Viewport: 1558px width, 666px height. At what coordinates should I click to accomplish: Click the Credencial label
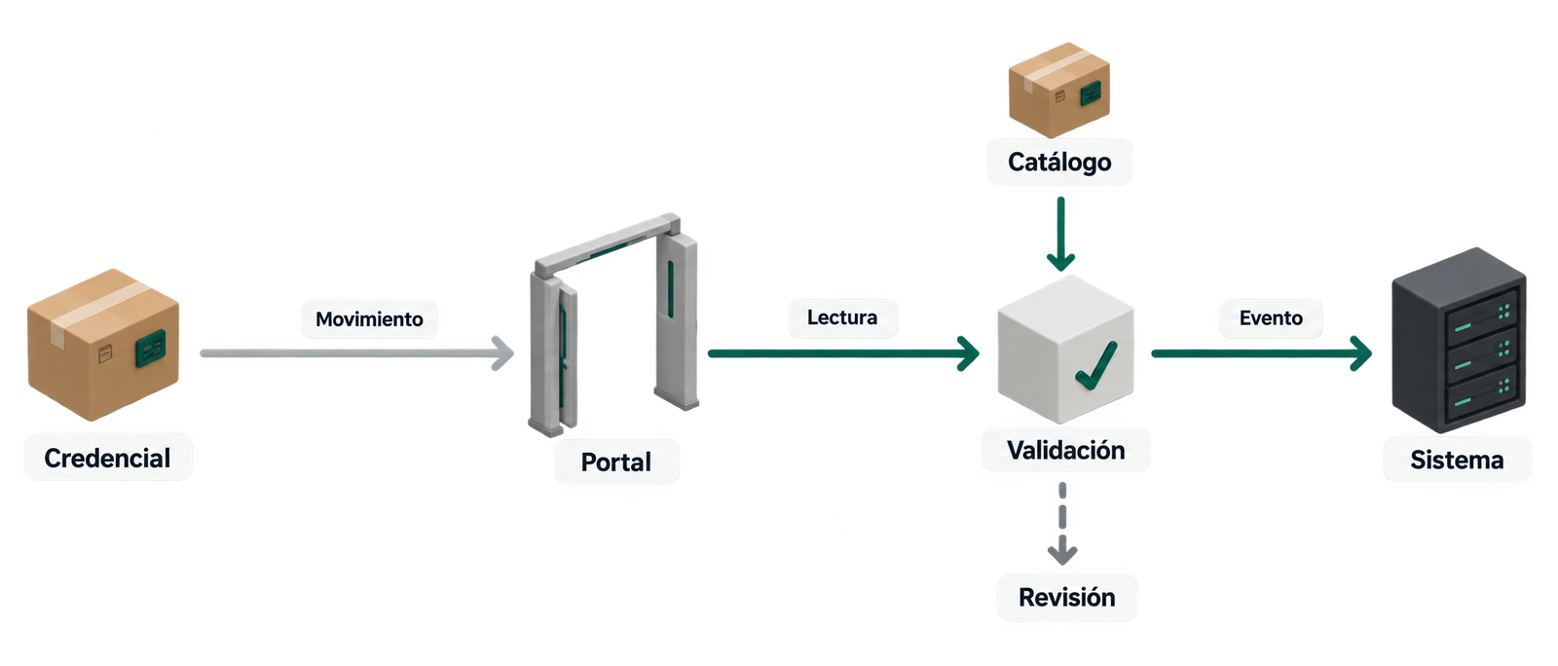107,459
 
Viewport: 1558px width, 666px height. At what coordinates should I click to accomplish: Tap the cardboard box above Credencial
103,345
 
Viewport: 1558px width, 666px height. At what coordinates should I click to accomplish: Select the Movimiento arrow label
369,319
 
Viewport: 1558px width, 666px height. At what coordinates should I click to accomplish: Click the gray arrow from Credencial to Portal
356,353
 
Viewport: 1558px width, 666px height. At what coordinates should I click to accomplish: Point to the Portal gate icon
613,324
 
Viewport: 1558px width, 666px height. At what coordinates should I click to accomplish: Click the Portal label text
616,462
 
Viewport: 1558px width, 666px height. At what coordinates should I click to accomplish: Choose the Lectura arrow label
842,317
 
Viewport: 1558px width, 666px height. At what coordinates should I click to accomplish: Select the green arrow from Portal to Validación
843,353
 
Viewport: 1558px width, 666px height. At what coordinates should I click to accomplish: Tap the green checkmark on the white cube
1096,366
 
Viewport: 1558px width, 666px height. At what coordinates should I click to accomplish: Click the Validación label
1066,451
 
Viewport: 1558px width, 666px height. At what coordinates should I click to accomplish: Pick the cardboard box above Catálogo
1059,90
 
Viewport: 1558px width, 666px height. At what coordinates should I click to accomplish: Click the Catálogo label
1060,162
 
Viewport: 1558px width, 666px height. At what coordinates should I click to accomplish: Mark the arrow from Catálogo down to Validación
1060,234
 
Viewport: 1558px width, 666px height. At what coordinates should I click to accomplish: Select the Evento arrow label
1271,317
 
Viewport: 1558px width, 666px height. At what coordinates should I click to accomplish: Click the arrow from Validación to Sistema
1262,353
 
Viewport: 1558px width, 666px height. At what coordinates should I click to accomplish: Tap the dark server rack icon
1460,340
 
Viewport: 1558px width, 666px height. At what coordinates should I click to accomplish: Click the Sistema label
1457,461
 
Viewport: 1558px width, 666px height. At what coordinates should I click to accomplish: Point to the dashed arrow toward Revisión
1062,524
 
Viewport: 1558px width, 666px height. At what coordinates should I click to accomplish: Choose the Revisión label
1067,597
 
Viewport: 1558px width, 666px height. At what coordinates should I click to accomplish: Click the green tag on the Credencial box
150,349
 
